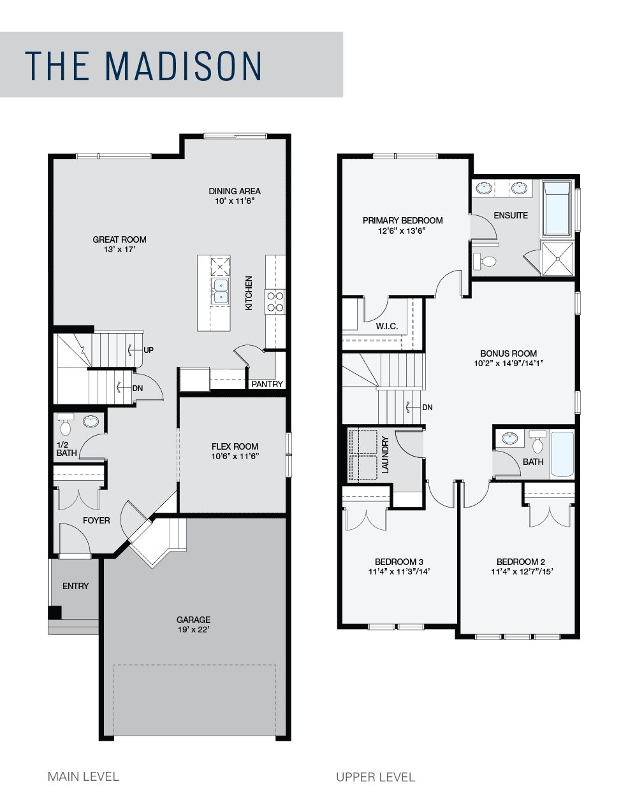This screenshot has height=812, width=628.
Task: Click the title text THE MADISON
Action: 143,66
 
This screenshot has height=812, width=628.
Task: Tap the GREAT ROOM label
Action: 119,239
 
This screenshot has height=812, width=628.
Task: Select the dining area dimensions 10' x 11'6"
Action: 235,201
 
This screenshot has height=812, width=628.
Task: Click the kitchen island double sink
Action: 221,291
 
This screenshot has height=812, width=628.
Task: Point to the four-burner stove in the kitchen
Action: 275,302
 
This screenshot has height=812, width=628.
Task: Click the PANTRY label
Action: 267,384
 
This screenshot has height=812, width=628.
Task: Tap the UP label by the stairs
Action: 149,350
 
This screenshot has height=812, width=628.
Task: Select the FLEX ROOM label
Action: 235,446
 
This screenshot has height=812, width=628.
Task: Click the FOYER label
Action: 96,520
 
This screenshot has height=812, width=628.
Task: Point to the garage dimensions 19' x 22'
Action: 193,630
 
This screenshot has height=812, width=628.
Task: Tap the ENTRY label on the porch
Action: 76,586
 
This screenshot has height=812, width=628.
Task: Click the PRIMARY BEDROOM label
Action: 403,220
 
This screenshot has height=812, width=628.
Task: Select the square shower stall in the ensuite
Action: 558,259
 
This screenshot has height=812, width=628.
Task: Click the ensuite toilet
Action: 485,261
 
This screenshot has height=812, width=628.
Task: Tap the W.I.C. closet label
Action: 387,326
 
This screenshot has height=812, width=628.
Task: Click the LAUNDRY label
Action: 386,455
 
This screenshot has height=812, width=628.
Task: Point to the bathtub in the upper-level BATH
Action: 562,454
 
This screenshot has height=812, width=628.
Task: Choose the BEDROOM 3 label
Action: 398,562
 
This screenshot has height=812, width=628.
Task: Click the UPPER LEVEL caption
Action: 376,777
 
